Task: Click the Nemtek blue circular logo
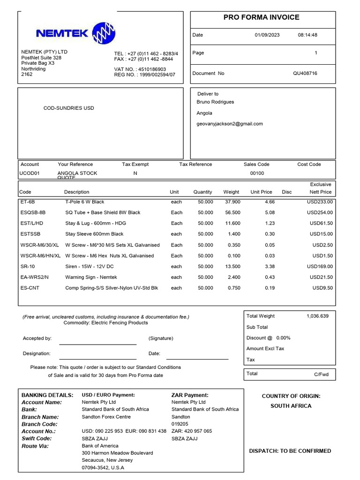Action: [104, 33]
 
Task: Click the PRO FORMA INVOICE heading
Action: [261, 17]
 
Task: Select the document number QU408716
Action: [305, 73]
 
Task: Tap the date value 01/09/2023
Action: [267, 35]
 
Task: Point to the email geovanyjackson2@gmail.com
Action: [230, 124]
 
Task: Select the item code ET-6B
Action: [26, 202]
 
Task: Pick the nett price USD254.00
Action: [320, 212]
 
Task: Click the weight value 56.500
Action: [232, 212]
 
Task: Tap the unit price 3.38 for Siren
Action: [270, 266]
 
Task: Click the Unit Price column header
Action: [261, 192]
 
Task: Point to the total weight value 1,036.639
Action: [317, 316]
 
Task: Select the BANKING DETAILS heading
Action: [47, 395]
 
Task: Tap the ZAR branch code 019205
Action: [181, 424]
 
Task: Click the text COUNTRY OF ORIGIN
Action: [291, 396]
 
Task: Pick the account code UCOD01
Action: [29, 173]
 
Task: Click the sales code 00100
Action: [257, 173]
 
